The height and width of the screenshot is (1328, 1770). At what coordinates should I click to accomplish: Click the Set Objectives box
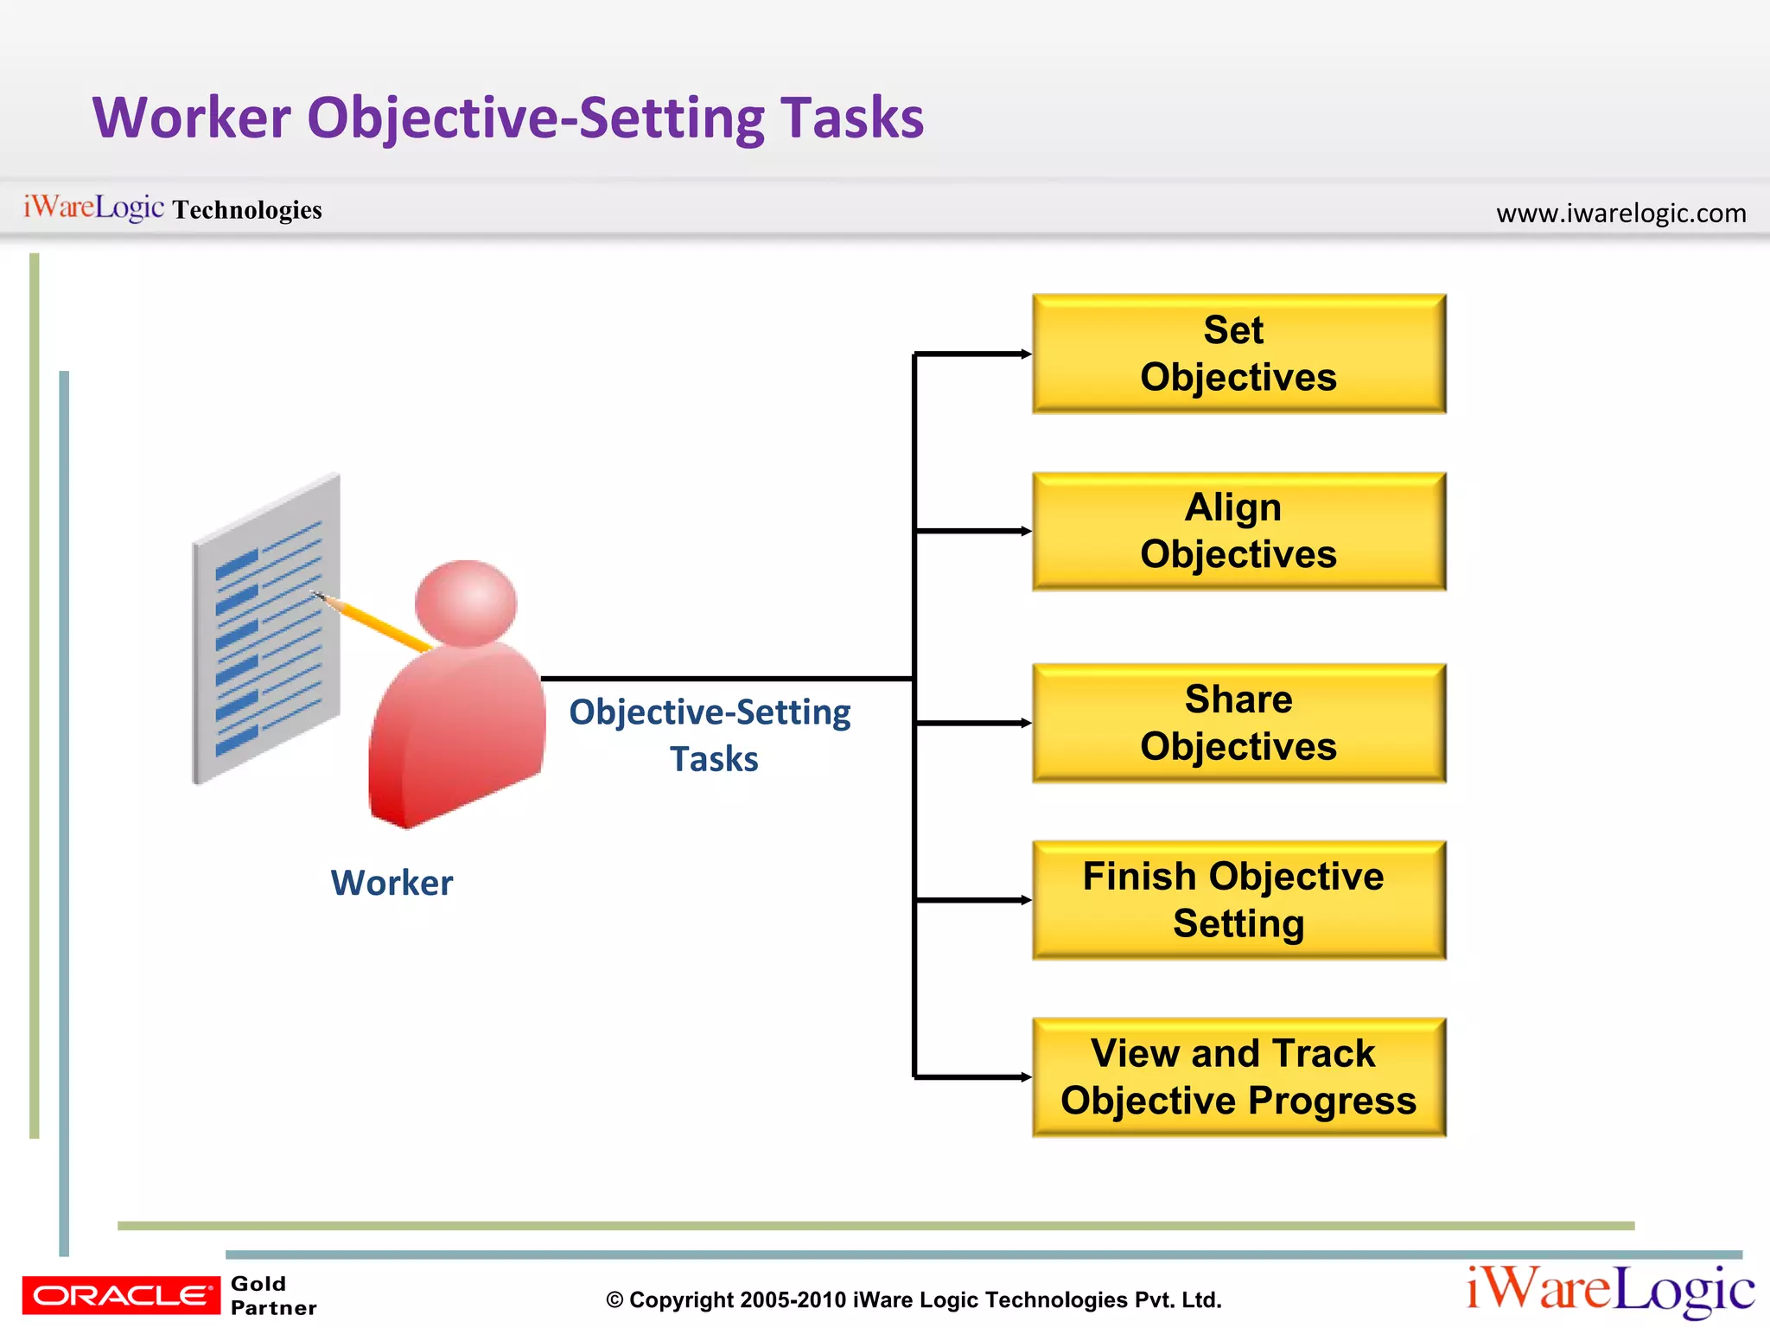click(1238, 354)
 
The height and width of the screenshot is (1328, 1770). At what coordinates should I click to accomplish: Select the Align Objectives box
click(1238, 531)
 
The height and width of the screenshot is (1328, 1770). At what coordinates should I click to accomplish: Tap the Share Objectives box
click(1238, 723)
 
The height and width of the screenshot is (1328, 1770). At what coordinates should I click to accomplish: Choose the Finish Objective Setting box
click(1238, 900)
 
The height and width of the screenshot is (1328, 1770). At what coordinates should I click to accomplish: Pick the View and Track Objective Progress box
click(1238, 1077)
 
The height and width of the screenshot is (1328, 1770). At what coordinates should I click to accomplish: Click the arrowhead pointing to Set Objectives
click(1026, 354)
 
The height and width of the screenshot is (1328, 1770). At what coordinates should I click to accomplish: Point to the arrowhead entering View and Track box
click(1026, 1077)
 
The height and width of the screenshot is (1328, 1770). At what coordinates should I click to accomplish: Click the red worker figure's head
click(466, 603)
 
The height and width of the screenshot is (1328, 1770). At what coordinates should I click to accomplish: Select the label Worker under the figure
click(392, 883)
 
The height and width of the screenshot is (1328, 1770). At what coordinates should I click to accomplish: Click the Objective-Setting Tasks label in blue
click(710, 735)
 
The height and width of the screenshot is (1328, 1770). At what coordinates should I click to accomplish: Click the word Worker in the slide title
click(192, 118)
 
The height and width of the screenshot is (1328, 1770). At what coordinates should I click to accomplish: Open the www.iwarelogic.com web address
click(1620, 213)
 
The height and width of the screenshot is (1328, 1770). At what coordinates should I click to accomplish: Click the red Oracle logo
click(121, 1295)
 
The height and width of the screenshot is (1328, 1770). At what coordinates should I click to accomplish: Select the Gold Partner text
click(273, 1295)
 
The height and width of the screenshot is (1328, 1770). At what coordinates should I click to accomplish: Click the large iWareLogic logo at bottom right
click(1610, 1290)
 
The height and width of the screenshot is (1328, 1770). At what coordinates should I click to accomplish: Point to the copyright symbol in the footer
click(614, 1300)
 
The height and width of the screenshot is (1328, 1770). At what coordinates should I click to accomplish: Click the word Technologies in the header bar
click(247, 210)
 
